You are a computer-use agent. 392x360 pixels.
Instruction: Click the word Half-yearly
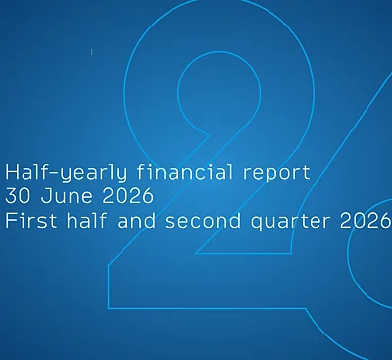pyautogui.click(x=67, y=173)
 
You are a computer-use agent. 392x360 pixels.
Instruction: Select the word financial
pyautogui.click(x=185, y=172)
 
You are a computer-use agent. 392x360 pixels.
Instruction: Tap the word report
pyautogui.click(x=276, y=174)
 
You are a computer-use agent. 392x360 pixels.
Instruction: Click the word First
pyautogui.click(x=31, y=221)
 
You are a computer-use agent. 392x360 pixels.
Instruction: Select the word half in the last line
pyautogui.click(x=87, y=221)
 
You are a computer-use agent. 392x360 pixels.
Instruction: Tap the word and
pyautogui.click(x=136, y=221)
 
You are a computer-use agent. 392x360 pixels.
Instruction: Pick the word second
pyautogui.click(x=203, y=221)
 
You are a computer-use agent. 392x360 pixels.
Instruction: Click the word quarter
pyautogui.click(x=290, y=223)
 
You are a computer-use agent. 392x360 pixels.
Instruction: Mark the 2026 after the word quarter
pyautogui.click(x=366, y=221)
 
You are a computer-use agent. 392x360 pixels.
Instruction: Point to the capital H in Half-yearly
pyautogui.click(x=11, y=172)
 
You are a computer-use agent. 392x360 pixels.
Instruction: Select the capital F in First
pyautogui.click(x=10, y=221)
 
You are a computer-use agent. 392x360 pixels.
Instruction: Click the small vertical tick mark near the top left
pyautogui.click(x=92, y=52)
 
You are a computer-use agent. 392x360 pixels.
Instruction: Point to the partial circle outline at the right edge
pyautogui.click(x=348, y=253)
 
